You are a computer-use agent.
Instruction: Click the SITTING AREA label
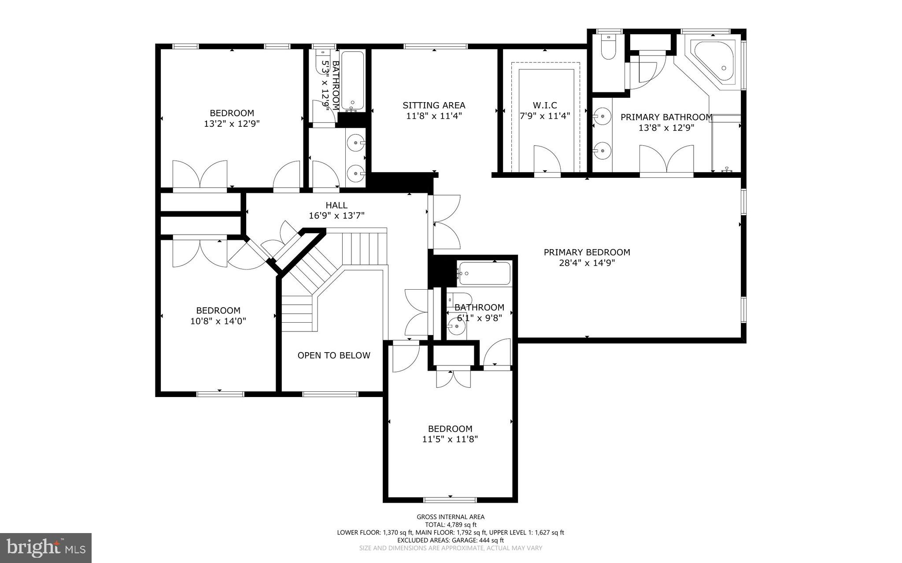(434, 105)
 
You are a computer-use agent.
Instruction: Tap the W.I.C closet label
(545, 105)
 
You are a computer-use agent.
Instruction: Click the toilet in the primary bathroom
(608, 48)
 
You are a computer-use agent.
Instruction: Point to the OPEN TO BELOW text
(334, 356)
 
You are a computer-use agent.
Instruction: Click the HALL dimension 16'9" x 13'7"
(337, 216)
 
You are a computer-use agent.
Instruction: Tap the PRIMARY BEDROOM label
(587, 252)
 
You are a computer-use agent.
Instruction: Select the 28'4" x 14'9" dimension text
(587, 263)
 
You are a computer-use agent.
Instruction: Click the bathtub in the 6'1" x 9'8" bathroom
(484, 273)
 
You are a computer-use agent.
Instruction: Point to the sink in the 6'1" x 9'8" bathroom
(457, 327)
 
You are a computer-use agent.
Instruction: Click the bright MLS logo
(45, 548)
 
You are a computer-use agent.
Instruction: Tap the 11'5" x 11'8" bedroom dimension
(450, 439)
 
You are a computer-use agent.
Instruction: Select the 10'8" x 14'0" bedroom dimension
(218, 321)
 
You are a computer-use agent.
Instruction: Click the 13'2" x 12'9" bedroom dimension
(232, 124)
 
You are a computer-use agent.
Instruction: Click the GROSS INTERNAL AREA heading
(451, 517)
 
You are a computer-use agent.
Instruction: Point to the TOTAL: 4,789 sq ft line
(451, 525)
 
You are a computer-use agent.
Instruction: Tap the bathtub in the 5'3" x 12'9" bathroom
(353, 81)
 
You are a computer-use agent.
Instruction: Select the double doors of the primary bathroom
(666, 159)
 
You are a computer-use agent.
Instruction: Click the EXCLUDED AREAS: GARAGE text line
(451, 540)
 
